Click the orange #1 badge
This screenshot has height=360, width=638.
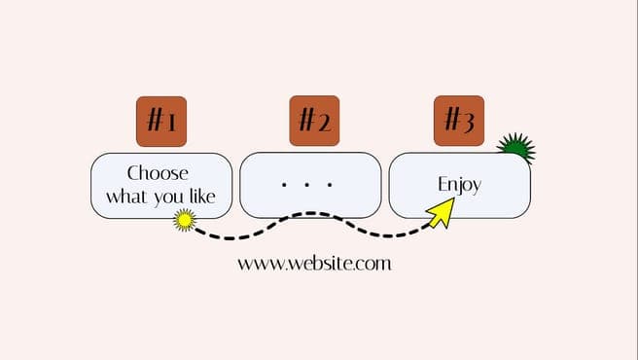[161, 122]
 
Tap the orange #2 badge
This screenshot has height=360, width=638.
[314, 121]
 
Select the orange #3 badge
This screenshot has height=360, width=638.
[459, 121]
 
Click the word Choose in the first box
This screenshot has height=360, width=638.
[158, 173]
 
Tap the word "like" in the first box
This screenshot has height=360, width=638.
[202, 196]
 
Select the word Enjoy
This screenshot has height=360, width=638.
[459, 185]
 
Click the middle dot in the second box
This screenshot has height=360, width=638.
[306, 185]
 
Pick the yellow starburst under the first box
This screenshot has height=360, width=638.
[185, 220]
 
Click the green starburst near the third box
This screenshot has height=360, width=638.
[516, 148]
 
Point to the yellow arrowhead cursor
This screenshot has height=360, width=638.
[443, 212]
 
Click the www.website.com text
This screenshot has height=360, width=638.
[314, 264]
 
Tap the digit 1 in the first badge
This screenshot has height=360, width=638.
[171, 123]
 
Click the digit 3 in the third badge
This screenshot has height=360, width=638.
[469, 122]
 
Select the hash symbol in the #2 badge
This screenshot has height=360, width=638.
[306, 119]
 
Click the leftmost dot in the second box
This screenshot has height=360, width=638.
[284, 185]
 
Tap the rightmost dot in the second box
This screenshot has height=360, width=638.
[330, 185]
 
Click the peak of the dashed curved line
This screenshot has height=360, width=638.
[311, 213]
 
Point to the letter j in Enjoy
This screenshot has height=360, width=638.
[460, 187]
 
